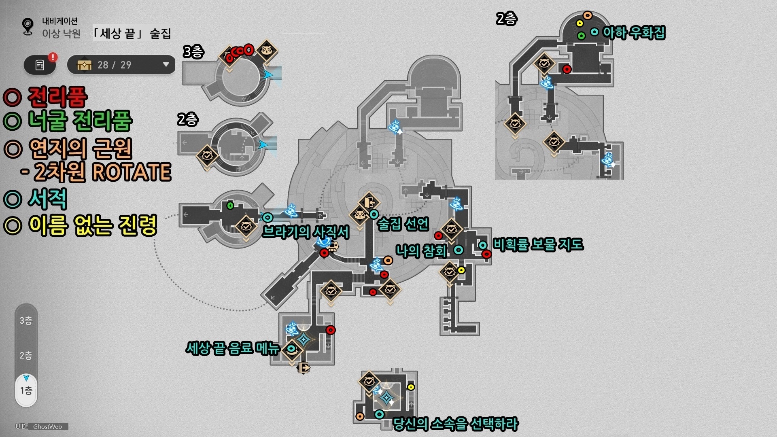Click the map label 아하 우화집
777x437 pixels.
click(x=634, y=32)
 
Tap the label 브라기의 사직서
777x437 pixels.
click(x=306, y=232)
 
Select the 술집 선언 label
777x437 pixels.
click(x=403, y=223)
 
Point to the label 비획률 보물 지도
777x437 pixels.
click(x=538, y=244)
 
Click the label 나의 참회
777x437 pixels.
click(x=421, y=250)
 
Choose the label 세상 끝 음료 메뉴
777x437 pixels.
click(x=233, y=348)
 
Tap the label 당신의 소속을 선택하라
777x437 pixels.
click(x=456, y=424)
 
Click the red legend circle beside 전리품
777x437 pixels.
click(x=12, y=97)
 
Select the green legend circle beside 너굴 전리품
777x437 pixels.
click(x=12, y=121)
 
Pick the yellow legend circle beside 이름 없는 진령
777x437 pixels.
click(x=12, y=225)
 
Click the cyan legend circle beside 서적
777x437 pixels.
click(x=12, y=199)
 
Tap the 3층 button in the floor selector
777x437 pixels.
click(x=26, y=321)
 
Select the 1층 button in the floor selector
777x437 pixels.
click(x=26, y=390)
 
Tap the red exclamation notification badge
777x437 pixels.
click(x=53, y=57)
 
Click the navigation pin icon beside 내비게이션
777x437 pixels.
click(x=28, y=27)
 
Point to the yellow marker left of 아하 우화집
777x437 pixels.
click(x=580, y=23)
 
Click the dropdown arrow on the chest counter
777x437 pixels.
click(x=166, y=65)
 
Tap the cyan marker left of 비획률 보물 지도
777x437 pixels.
click(x=483, y=245)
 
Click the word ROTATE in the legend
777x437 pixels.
click(x=132, y=172)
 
